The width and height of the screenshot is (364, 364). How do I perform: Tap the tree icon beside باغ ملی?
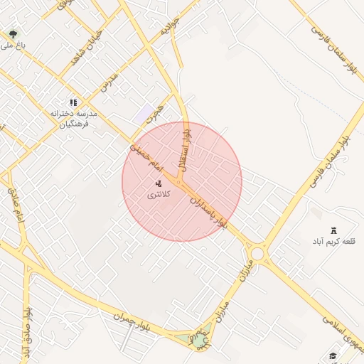(x=13, y=34)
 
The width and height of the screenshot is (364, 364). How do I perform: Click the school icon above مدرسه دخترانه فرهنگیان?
(x=73, y=103)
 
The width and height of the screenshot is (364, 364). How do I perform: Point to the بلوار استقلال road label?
(x=186, y=146)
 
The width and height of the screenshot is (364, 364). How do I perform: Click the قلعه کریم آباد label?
(x=333, y=242)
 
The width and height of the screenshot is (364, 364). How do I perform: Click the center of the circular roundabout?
(x=257, y=254)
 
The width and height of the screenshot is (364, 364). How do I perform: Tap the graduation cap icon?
(x=332, y=356)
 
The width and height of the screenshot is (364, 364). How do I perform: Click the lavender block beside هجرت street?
(x=146, y=113)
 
